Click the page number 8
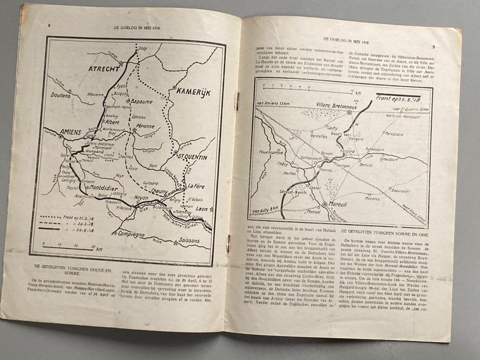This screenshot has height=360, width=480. pyautogui.click(x=49, y=25)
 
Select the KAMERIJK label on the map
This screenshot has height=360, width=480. pyautogui.click(x=194, y=92)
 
